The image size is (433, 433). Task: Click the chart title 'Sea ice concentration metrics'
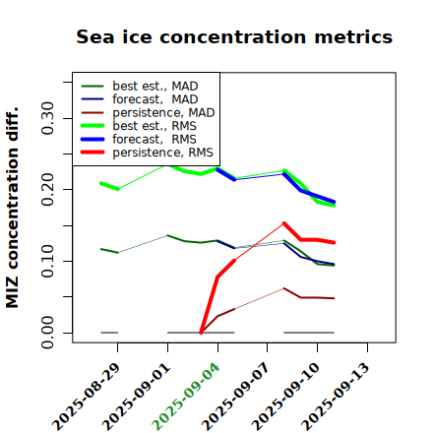coord(234,36)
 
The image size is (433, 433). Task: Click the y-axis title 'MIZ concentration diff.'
coord(12,208)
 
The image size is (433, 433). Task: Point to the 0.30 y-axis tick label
coord(47,118)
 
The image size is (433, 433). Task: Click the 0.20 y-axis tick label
coord(47,190)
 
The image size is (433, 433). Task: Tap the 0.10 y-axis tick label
coord(47,261)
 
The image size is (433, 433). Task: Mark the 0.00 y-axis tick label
coord(47,333)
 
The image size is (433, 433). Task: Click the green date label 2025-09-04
coord(186,397)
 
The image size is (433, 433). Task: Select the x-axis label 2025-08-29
coord(87,397)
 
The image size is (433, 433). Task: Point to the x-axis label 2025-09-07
coord(236,397)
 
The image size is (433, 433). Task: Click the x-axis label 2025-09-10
coord(285,397)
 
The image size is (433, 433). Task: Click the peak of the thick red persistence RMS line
coord(284,223)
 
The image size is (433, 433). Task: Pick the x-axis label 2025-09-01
coord(136,397)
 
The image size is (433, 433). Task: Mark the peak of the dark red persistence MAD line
coord(284,288)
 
